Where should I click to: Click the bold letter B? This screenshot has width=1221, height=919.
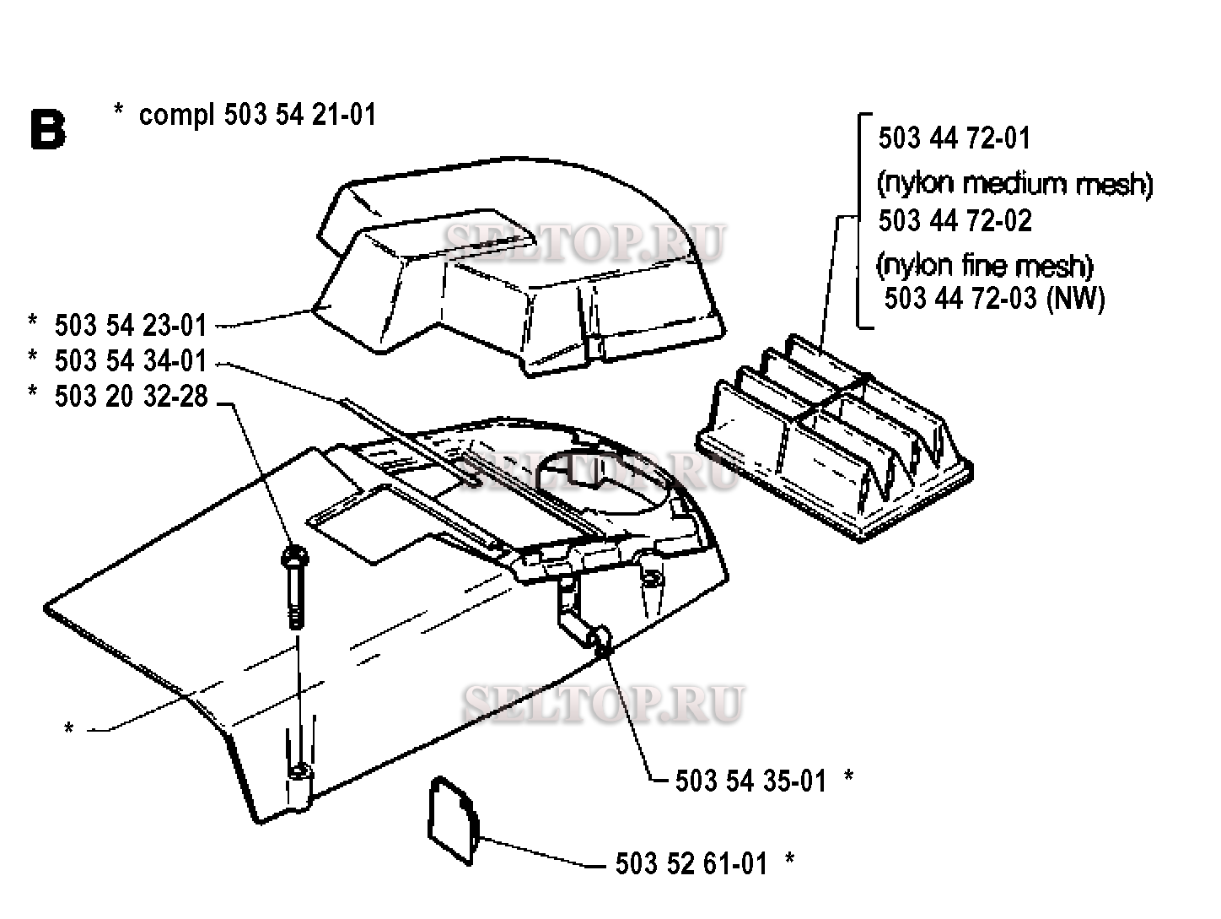pos(48,129)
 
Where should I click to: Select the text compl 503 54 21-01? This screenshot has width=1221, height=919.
pos(257,116)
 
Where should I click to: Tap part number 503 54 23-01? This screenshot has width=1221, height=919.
pos(131,325)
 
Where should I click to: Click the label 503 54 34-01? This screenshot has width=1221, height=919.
pos(131,360)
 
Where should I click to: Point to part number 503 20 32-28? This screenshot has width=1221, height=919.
pos(131,397)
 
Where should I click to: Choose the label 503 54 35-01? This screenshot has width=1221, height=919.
pos(751,781)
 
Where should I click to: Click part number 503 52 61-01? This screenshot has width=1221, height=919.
pos(691,864)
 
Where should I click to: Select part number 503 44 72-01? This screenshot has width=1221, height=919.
pos(955,138)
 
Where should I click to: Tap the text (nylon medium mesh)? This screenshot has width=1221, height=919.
pos(1015,184)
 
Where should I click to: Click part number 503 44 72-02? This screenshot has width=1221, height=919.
pos(955,220)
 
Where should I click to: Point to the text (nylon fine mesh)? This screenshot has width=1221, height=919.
pos(985,266)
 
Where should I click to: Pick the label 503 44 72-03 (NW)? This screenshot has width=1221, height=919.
pos(995,299)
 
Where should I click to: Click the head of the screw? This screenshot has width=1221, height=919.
pos(295,555)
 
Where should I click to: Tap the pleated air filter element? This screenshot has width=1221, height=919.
pos(834,438)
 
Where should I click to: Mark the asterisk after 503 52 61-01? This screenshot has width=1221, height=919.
pos(790,858)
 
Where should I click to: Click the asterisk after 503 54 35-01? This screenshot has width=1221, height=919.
pos(849,776)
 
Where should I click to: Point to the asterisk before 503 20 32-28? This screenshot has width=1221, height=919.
pos(32,392)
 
